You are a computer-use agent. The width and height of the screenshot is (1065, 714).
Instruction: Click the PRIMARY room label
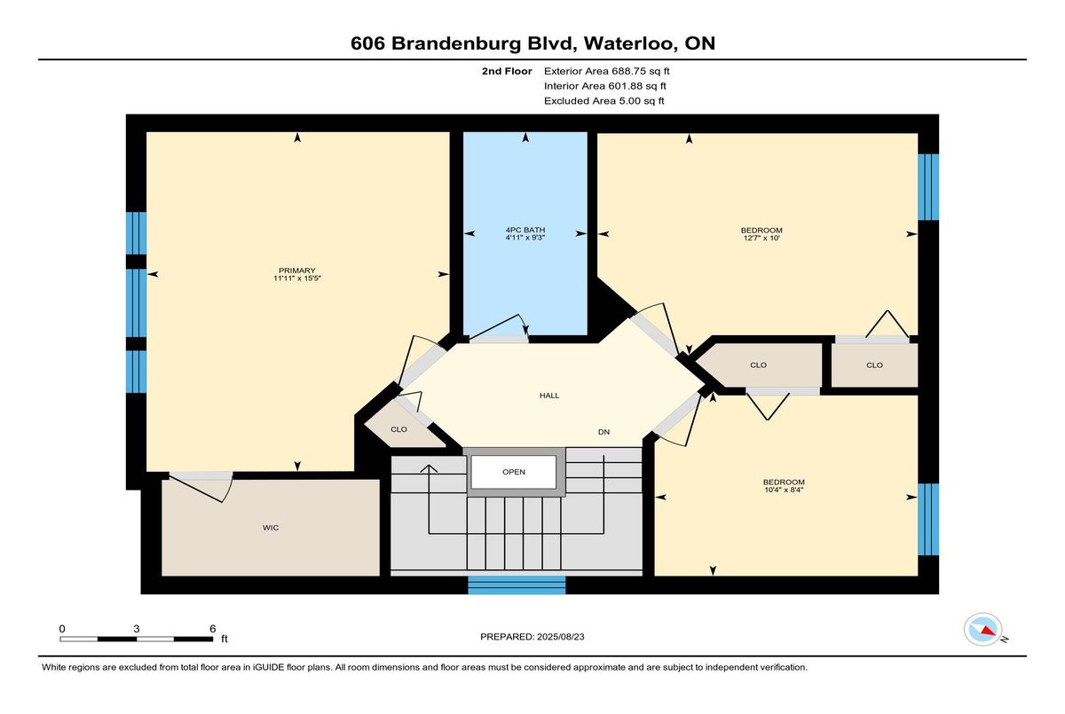click(296, 271)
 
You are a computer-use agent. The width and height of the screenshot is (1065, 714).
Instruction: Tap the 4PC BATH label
click(525, 230)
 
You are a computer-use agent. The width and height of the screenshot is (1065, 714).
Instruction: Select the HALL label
click(549, 396)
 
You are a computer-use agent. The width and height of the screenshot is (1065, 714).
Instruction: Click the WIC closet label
click(271, 528)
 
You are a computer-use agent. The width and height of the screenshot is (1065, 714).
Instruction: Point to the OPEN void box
click(514, 472)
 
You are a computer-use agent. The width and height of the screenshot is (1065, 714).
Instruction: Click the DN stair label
click(603, 432)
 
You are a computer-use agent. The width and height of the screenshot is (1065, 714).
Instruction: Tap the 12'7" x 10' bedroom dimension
click(761, 238)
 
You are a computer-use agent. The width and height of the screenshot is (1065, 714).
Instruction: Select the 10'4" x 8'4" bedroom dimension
click(784, 490)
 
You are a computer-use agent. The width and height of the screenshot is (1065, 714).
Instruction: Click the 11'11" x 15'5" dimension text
click(297, 278)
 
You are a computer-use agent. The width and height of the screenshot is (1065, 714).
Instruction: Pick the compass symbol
click(982, 630)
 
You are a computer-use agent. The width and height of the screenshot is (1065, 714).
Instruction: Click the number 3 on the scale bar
click(137, 629)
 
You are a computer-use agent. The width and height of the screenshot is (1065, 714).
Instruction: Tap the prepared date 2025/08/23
click(561, 637)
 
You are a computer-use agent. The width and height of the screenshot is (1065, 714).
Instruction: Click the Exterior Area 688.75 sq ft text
click(607, 71)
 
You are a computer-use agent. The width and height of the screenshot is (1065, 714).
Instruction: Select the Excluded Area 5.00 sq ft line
click(603, 101)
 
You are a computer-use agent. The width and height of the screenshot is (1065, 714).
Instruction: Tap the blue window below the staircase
click(517, 585)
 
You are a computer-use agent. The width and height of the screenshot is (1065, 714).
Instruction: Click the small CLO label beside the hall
click(398, 429)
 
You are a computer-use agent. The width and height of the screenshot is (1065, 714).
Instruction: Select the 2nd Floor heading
click(507, 71)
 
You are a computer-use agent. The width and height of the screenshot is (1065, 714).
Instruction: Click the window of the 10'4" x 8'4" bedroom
click(928, 519)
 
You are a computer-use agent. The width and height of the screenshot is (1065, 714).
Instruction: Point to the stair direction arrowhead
click(429, 468)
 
